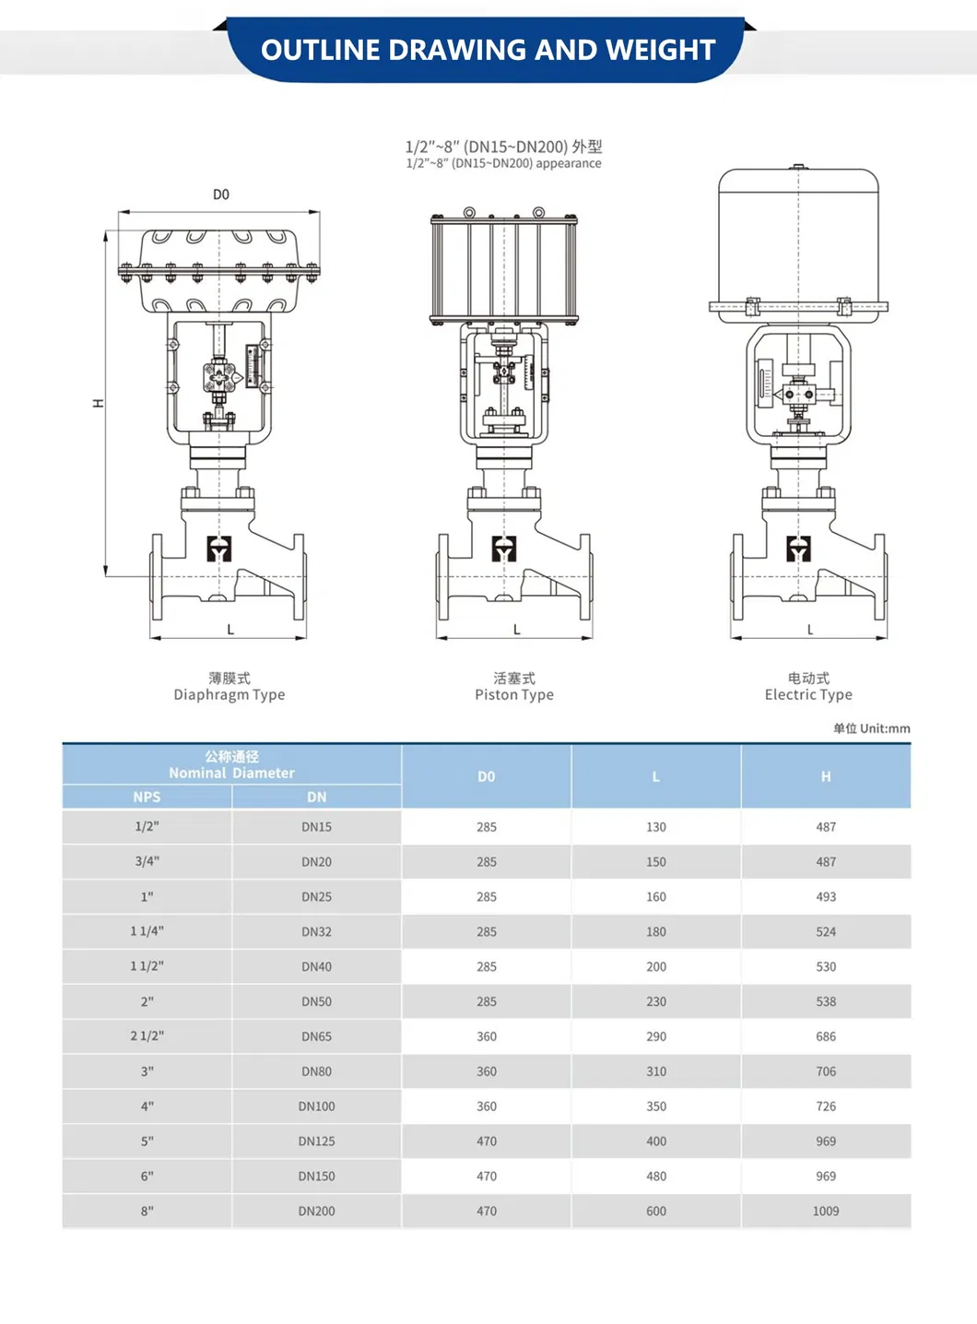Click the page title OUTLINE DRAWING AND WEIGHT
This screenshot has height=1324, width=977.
coord(488,50)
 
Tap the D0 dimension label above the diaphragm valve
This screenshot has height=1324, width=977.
coord(221,195)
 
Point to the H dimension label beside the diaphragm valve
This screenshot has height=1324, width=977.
coord(99,404)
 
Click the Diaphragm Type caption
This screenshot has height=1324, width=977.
coord(230,694)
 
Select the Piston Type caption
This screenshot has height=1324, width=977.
coord(514,694)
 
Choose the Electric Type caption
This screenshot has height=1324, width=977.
coord(808,694)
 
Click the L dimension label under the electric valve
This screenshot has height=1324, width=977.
coord(810,630)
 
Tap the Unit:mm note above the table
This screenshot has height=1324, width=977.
coord(871,728)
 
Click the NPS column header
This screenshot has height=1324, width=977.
coord(147,798)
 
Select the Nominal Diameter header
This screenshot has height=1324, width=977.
coord(231,773)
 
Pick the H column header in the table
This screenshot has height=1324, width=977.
coord(826,776)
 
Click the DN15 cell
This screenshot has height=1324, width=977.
coord(316,827)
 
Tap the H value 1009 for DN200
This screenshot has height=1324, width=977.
coord(826,1211)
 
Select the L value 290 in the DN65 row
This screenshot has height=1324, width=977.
coord(656,1036)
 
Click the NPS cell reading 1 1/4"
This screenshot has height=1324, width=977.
coord(147,931)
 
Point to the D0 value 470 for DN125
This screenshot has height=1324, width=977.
coord(487,1141)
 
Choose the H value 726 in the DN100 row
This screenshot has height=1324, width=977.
coord(826,1106)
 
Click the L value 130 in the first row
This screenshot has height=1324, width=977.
coord(656,827)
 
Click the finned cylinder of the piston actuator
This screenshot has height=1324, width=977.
coord(504,268)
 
